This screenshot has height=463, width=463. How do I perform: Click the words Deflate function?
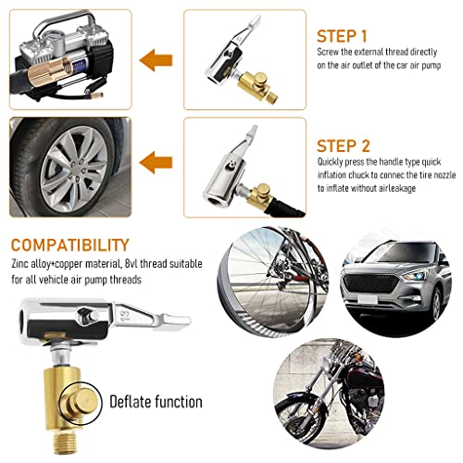156,401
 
